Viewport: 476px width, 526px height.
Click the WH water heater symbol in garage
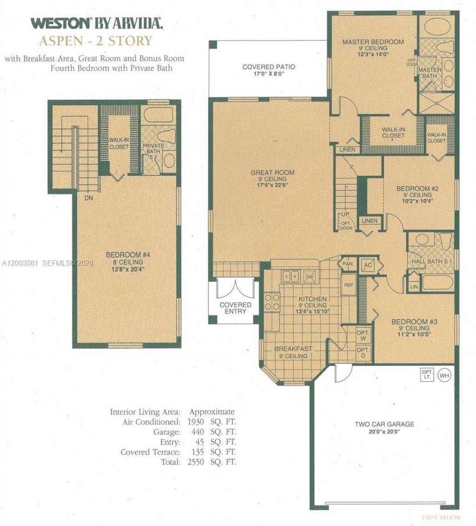point(444,375)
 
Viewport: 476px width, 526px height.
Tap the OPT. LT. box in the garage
point(426,375)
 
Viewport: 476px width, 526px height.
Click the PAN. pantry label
point(348,264)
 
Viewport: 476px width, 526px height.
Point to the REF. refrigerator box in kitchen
point(348,285)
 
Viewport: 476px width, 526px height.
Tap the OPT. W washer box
point(363,336)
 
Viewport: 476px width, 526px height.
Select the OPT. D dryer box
point(363,353)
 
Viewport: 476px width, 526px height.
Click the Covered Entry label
point(235,308)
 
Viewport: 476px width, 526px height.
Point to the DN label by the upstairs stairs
point(89,198)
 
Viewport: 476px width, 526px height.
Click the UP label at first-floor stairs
point(345,214)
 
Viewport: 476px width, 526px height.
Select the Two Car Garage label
point(384,424)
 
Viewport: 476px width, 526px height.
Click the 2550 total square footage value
point(198,462)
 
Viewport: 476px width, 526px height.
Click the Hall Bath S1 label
point(432,262)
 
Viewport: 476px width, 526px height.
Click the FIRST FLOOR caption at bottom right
point(441,517)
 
